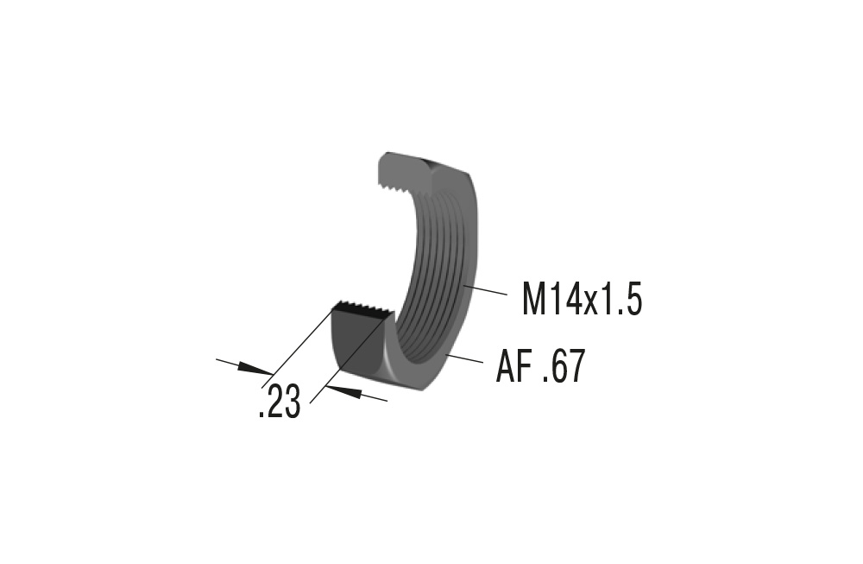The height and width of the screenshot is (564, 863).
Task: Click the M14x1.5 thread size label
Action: pyautogui.click(x=582, y=300)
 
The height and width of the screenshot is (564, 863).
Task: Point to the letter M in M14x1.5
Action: pyautogui.click(x=535, y=300)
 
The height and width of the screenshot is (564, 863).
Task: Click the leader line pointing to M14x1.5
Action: pyautogui.click(x=487, y=289)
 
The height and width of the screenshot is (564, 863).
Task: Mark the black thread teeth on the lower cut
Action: pyautogui.click(x=362, y=307)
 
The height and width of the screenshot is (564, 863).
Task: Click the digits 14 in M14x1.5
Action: pyautogui.click(x=566, y=300)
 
